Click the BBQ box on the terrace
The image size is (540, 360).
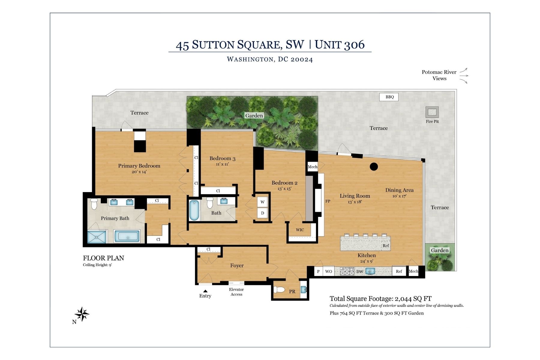click(389, 97)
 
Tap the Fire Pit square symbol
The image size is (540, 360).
click(432, 112)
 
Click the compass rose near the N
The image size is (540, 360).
click(82, 314)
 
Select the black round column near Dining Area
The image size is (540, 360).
click(373, 166)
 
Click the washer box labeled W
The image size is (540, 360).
click(262, 202)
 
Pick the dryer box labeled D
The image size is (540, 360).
click(262, 213)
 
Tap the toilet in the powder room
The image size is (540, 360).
click(280, 290)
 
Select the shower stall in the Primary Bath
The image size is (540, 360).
click(97, 237)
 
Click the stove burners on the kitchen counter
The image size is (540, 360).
click(347, 271)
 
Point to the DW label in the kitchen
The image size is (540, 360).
click(360, 272)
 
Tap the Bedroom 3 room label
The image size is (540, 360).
click(222, 158)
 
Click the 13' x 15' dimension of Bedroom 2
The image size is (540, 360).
click(284, 189)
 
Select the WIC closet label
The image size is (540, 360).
click(300, 230)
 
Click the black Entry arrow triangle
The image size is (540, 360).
click(205, 291)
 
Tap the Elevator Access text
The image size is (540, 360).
click(236, 292)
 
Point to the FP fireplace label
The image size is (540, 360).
click(328, 201)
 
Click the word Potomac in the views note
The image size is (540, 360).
click(432, 72)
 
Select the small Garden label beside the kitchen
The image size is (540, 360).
click(439, 250)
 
